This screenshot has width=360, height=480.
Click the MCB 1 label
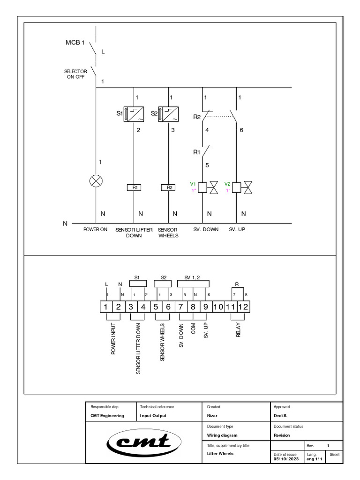(75, 43)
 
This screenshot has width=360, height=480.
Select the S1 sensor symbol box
(134, 114)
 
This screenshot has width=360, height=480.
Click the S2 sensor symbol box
(168, 114)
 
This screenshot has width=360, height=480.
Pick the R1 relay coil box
(134, 187)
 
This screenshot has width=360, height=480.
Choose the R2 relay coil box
(168, 187)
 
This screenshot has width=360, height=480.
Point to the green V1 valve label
(192, 184)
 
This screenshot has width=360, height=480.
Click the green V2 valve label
(227, 184)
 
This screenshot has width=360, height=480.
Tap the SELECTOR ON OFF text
(75, 74)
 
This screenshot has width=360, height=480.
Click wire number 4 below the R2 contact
(207, 130)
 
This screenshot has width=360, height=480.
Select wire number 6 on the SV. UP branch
(241, 130)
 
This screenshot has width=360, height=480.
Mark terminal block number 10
(218, 307)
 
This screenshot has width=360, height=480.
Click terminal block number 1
(106, 307)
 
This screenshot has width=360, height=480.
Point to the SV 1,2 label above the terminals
(193, 277)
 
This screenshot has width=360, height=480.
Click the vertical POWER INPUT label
(113, 338)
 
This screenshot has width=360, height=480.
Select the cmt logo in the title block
(144, 442)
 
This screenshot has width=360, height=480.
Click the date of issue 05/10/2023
(286, 459)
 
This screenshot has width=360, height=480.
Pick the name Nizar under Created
(212, 416)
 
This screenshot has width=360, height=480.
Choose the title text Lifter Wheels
(220, 454)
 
